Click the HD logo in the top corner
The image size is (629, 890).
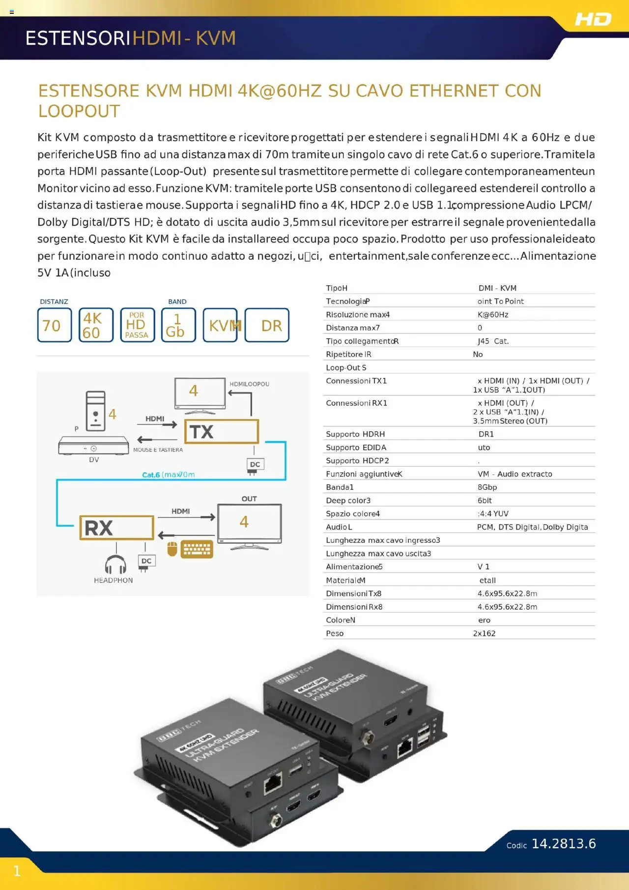593,19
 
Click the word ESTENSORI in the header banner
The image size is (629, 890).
78,38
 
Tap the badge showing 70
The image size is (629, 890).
54,325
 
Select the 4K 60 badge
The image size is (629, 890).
96,325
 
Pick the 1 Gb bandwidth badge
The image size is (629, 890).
178,325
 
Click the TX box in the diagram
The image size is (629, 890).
221,431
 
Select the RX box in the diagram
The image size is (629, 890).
116,528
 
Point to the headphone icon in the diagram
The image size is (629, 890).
115,564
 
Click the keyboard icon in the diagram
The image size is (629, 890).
197,549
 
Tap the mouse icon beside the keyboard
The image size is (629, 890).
172,548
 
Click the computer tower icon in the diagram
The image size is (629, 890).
95,411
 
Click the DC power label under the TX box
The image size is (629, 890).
255,464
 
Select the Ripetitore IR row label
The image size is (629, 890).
348,354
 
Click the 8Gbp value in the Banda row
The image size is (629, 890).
487,487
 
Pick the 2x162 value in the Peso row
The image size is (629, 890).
484,633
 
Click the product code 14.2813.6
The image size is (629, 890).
564,844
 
